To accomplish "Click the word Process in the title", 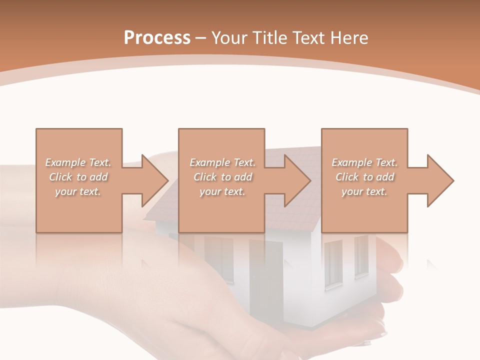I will tap(157, 38).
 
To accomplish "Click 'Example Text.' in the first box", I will tap(78, 162).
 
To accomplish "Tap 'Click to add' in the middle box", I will tap(222, 177).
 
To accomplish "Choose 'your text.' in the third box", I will tap(364, 191).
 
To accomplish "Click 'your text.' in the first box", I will tap(78, 191).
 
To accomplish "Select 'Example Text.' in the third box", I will tap(364, 162).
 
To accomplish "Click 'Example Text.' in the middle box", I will tap(222, 162).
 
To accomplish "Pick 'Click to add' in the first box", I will tap(78, 177).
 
